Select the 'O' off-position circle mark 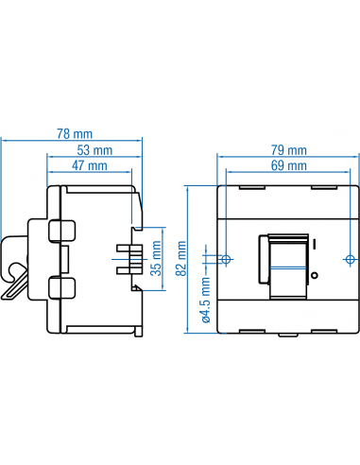(x=314, y=275)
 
